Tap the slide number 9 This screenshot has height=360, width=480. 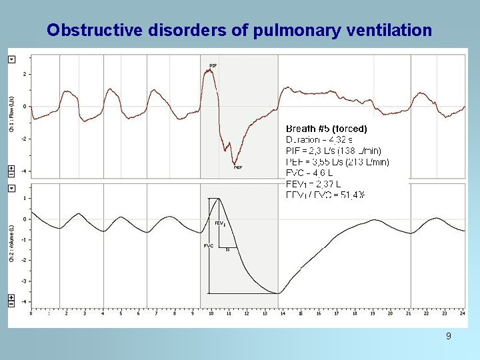click(448, 336)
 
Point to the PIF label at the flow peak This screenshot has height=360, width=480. click(213, 65)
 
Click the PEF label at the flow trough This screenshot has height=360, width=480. click(237, 168)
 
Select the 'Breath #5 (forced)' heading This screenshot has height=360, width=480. click(326, 128)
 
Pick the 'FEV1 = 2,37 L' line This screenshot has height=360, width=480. click(313, 184)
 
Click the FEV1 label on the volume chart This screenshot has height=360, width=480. click(219, 223)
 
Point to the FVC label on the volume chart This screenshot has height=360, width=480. click(209, 246)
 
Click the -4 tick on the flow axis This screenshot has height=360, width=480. click(25, 171)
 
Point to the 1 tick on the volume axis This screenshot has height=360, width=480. click(25, 199)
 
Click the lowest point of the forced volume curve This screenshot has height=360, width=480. click(279, 293)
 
